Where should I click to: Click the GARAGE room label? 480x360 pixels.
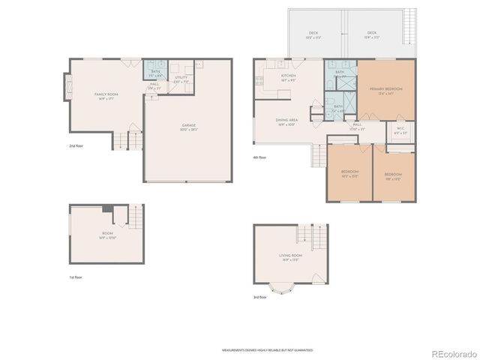pyautogui.click(x=177, y=128)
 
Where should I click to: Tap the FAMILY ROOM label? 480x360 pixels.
pyautogui.click(x=103, y=95)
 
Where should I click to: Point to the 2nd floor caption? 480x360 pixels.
pyautogui.click(x=76, y=145)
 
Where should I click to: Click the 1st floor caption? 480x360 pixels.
pyautogui.click(x=76, y=277)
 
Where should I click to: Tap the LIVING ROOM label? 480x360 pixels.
pyautogui.click(x=290, y=258)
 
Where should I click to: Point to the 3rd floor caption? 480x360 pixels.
pyautogui.click(x=259, y=297)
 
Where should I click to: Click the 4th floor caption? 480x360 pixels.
pyautogui.click(x=259, y=157)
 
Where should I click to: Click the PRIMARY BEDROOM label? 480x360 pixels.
pyautogui.click(x=385, y=91)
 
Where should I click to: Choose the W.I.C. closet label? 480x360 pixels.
pyautogui.click(x=399, y=130)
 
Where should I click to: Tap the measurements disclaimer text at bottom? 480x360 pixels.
pyautogui.click(x=267, y=349)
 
